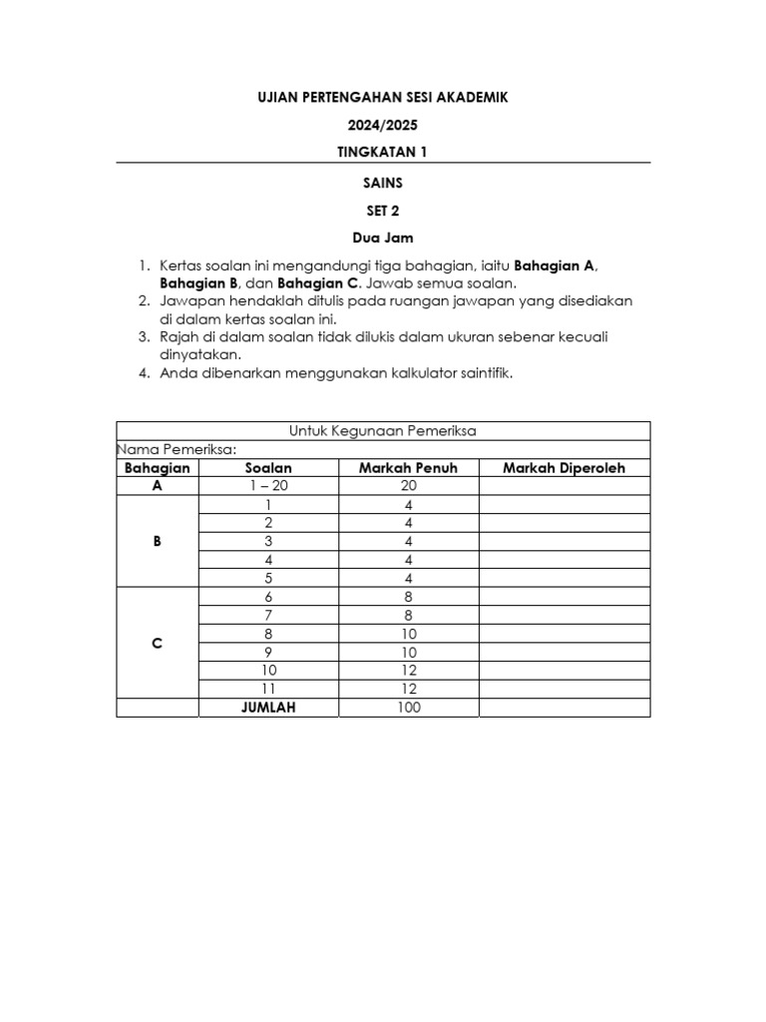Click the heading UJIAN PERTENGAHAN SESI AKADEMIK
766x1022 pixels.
click(383, 97)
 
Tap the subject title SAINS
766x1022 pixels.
click(383, 183)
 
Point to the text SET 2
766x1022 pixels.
click(383, 211)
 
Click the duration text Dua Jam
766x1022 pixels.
click(383, 239)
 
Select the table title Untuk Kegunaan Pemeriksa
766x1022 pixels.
click(383, 430)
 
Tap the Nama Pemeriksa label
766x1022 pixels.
click(177, 449)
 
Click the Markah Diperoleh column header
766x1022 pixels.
click(564, 468)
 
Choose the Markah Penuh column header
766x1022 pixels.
click(408, 468)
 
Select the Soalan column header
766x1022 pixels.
click(268, 468)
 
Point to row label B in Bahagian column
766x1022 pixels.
click(157, 542)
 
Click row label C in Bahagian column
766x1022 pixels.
click(157, 644)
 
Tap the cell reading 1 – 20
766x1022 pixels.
click(268, 486)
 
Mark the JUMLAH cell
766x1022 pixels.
click(268, 708)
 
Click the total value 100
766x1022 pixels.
click(408, 708)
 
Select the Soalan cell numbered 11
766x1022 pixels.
click(268, 689)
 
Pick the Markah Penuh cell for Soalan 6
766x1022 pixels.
click(408, 597)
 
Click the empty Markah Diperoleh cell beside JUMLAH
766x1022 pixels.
click(564, 708)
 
